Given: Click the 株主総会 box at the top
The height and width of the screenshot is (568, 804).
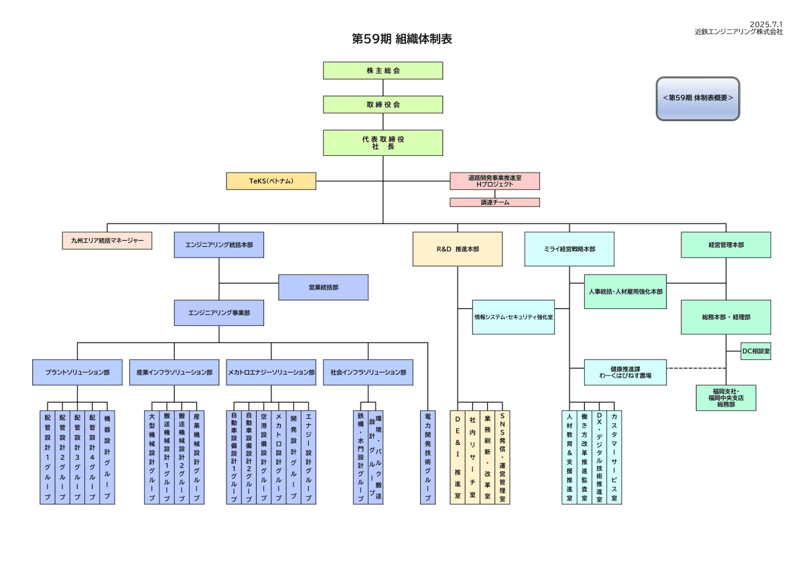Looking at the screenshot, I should click(x=383, y=70).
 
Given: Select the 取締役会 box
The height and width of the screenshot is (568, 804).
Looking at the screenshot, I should click(x=383, y=104).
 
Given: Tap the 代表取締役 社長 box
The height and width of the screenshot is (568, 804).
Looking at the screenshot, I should click(x=383, y=143).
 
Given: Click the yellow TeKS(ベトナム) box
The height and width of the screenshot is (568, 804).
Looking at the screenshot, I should click(x=271, y=181).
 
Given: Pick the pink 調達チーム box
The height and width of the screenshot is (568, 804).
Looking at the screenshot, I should click(x=494, y=202).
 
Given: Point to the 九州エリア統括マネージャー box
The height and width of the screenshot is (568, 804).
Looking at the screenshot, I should click(x=107, y=240).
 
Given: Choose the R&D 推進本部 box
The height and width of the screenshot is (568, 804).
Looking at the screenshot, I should click(x=458, y=249).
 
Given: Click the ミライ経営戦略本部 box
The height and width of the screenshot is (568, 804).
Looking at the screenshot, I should click(x=569, y=249).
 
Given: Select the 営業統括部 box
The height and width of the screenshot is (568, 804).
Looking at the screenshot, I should click(x=323, y=287).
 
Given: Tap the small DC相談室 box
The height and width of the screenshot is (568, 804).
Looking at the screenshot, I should click(x=756, y=351).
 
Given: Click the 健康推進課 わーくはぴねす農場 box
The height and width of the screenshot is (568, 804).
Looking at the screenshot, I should click(x=625, y=372).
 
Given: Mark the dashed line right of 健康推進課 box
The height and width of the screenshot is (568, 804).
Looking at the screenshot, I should click(x=696, y=369).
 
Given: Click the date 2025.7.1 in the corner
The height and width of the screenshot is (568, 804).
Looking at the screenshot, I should click(x=766, y=24).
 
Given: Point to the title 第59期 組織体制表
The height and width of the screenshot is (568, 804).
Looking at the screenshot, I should click(x=402, y=39).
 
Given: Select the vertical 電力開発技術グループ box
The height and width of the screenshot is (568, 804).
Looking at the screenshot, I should click(x=427, y=457).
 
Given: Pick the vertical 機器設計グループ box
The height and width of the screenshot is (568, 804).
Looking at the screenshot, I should click(x=107, y=457).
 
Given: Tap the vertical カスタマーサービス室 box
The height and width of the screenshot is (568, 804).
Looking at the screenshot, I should click(x=614, y=457).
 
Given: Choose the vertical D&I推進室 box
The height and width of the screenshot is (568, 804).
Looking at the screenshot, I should click(x=458, y=457).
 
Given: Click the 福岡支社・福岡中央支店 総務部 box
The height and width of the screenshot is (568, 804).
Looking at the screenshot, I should click(x=726, y=397).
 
